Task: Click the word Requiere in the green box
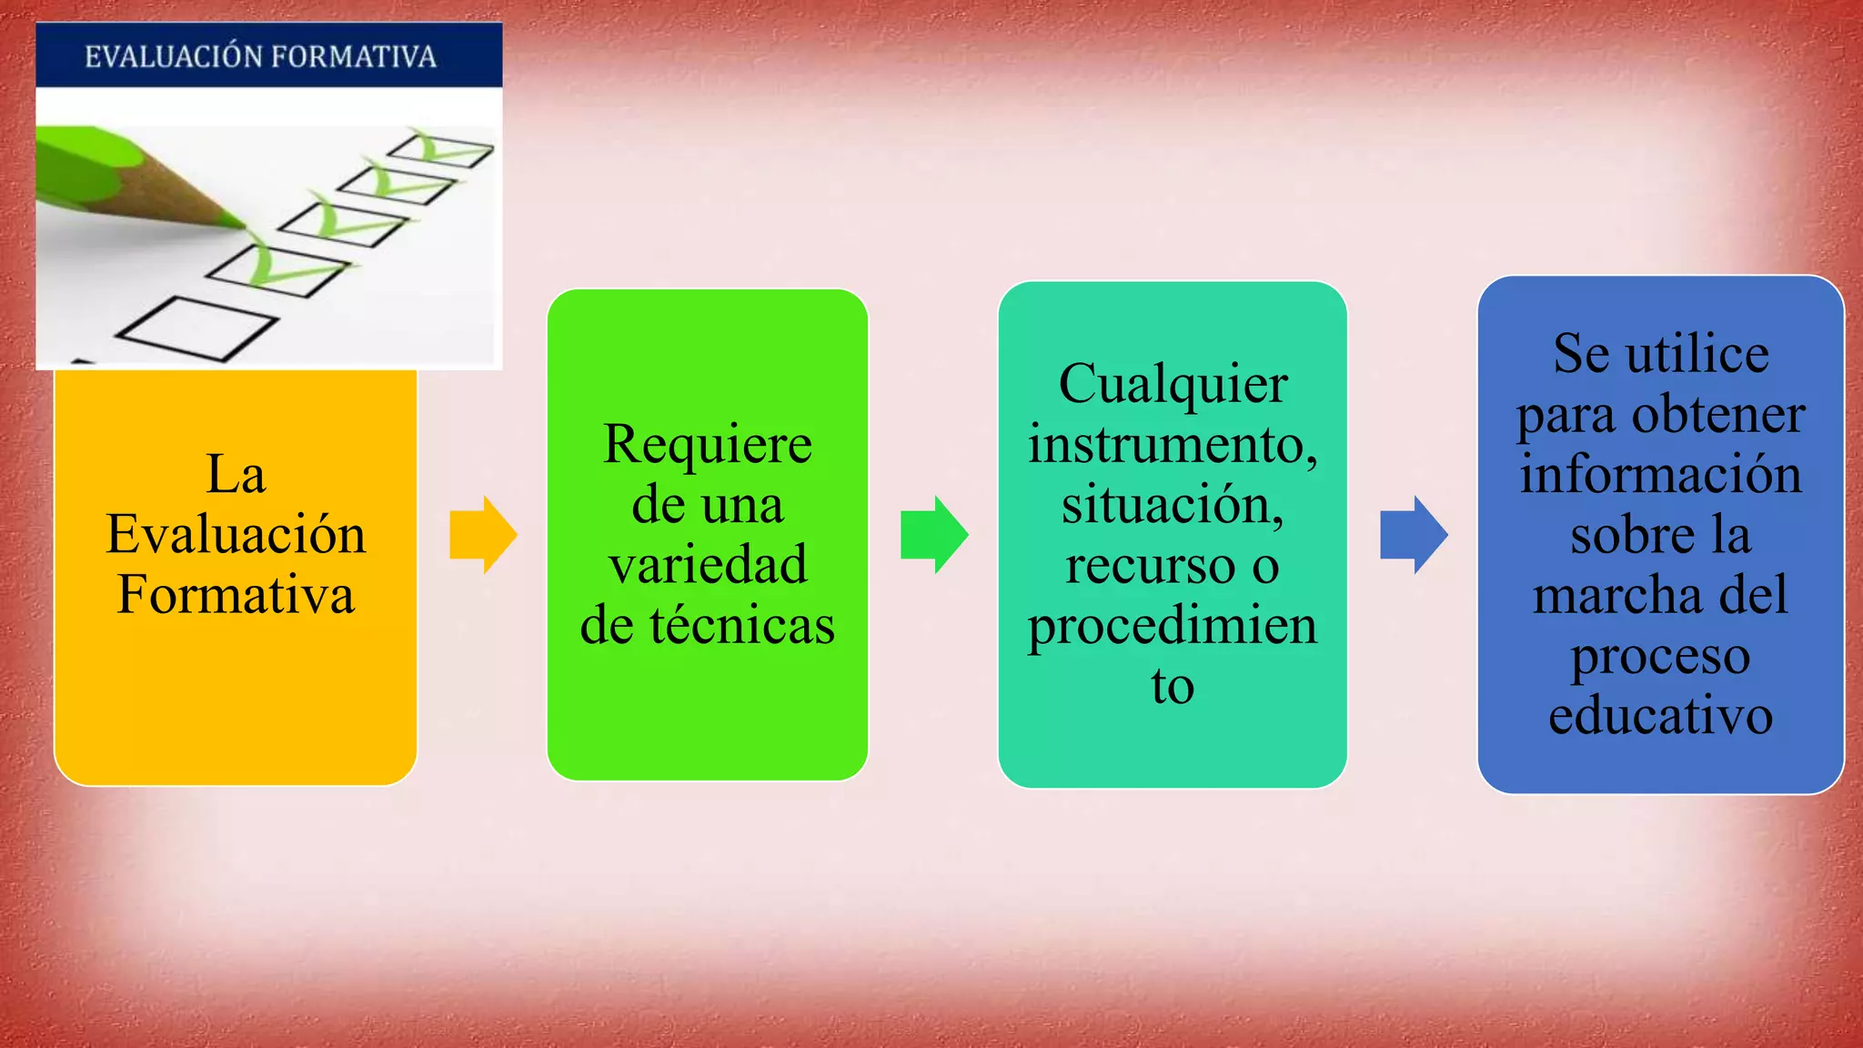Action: click(x=707, y=445)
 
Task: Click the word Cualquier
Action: click(x=1173, y=384)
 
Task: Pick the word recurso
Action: click(x=1150, y=566)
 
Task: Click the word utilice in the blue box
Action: click(x=1697, y=354)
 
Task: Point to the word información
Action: click(x=1660, y=475)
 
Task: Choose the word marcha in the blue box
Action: click(x=1617, y=596)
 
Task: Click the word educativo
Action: click(x=1660, y=716)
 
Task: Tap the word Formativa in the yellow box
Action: click(x=236, y=595)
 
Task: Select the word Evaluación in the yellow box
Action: click(x=236, y=534)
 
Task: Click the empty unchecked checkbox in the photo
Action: click(x=196, y=328)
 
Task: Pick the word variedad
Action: click(x=707, y=565)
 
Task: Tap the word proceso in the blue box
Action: click(x=1660, y=657)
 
